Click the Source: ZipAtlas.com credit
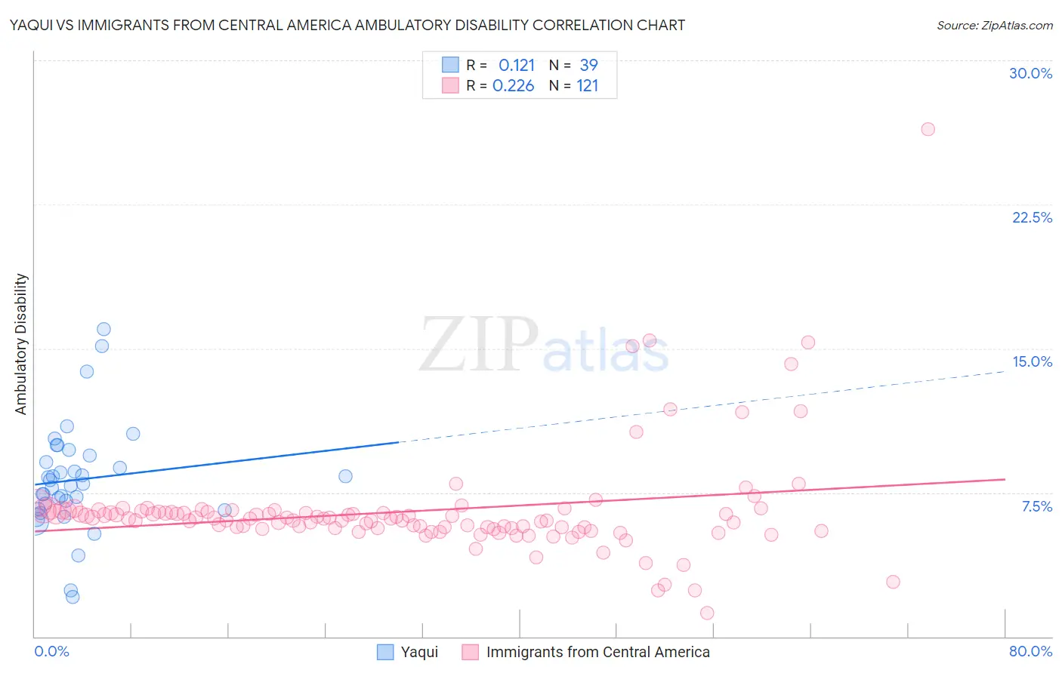coord(994,26)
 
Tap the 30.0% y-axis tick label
coord(1030,73)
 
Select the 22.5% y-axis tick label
coord(1032,217)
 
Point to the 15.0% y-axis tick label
coord(1032,361)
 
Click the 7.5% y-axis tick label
coord(1036,506)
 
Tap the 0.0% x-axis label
coord(51,651)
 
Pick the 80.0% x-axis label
coord(1030,651)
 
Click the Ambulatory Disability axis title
coord(21,343)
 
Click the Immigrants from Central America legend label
coord(597,652)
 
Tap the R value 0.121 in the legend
coord(517,65)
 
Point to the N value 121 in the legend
coord(587,85)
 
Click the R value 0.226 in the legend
coord(514,85)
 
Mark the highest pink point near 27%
coord(928,129)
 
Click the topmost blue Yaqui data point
coord(103,329)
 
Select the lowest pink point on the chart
coord(707,613)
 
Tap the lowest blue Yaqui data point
coord(73,597)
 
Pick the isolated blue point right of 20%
coord(345,476)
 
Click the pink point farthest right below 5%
coord(893,582)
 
